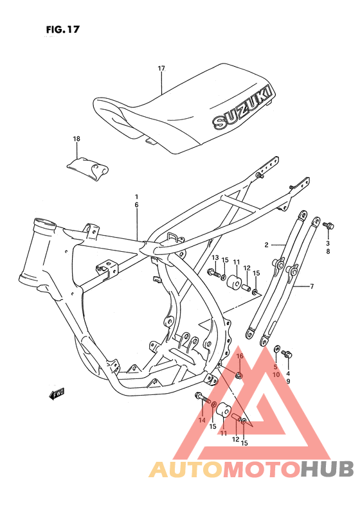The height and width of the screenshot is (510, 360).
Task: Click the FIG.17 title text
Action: pyautogui.click(x=63, y=29)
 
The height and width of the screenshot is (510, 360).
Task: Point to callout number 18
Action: pyautogui.click(x=76, y=139)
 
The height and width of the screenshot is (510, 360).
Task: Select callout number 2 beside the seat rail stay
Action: pyautogui.click(x=265, y=245)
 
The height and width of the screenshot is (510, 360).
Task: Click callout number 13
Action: pyautogui.click(x=215, y=258)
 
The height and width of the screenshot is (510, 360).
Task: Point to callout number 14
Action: pyautogui.click(x=202, y=420)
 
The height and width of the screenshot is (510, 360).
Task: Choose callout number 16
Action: pyautogui.click(x=239, y=356)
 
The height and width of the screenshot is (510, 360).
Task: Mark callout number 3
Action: pyautogui.click(x=327, y=243)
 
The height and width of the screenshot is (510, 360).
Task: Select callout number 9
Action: pyautogui.click(x=288, y=382)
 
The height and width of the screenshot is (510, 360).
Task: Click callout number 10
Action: pyautogui.click(x=275, y=374)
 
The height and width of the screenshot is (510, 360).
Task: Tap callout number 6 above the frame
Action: pyautogui.click(x=136, y=204)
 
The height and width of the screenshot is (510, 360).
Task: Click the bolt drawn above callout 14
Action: pyautogui.click(x=203, y=398)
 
